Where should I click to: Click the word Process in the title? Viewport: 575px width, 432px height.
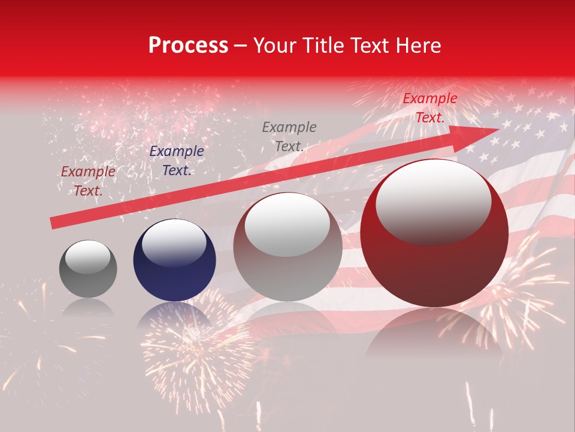(x=188, y=46)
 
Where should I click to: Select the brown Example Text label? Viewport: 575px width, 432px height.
(x=88, y=181)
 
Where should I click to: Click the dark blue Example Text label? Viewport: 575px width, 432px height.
(x=176, y=161)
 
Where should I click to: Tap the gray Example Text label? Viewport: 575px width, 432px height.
(x=289, y=136)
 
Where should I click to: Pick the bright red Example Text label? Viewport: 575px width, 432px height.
(x=429, y=108)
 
